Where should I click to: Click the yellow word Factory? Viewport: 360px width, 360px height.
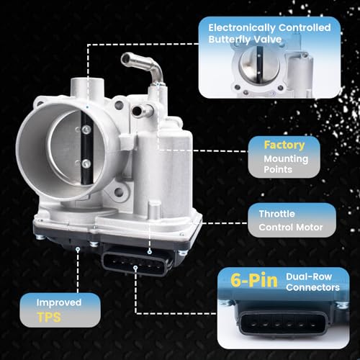(284, 145)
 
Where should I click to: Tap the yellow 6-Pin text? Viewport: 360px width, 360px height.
(254, 280)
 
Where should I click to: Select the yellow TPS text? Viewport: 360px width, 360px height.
(49, 318)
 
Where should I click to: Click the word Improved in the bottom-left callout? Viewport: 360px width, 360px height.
(59, 303)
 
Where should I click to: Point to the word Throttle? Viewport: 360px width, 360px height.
(277, 214)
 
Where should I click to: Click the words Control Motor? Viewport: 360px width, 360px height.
(291, 228)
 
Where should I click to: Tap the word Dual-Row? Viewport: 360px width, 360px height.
(309, 276)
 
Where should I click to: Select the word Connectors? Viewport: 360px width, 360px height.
(312, 287)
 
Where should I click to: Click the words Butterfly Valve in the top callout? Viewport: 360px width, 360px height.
(245, 40)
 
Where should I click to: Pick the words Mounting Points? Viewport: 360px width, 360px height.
(286, 164)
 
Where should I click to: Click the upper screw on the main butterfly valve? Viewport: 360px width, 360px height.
(86, 130)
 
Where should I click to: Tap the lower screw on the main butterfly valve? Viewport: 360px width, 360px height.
(86, 163)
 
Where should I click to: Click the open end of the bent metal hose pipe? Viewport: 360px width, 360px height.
(125, 59)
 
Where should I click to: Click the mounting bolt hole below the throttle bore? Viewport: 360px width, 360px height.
(119, 192)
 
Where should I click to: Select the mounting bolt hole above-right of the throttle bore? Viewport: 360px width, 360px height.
(119, 104)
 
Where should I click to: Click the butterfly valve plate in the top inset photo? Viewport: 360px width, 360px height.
(259, 64)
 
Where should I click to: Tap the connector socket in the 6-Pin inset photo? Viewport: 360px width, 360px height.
(283, 323)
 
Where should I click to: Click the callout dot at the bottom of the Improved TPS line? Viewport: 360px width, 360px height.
(78, 249)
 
